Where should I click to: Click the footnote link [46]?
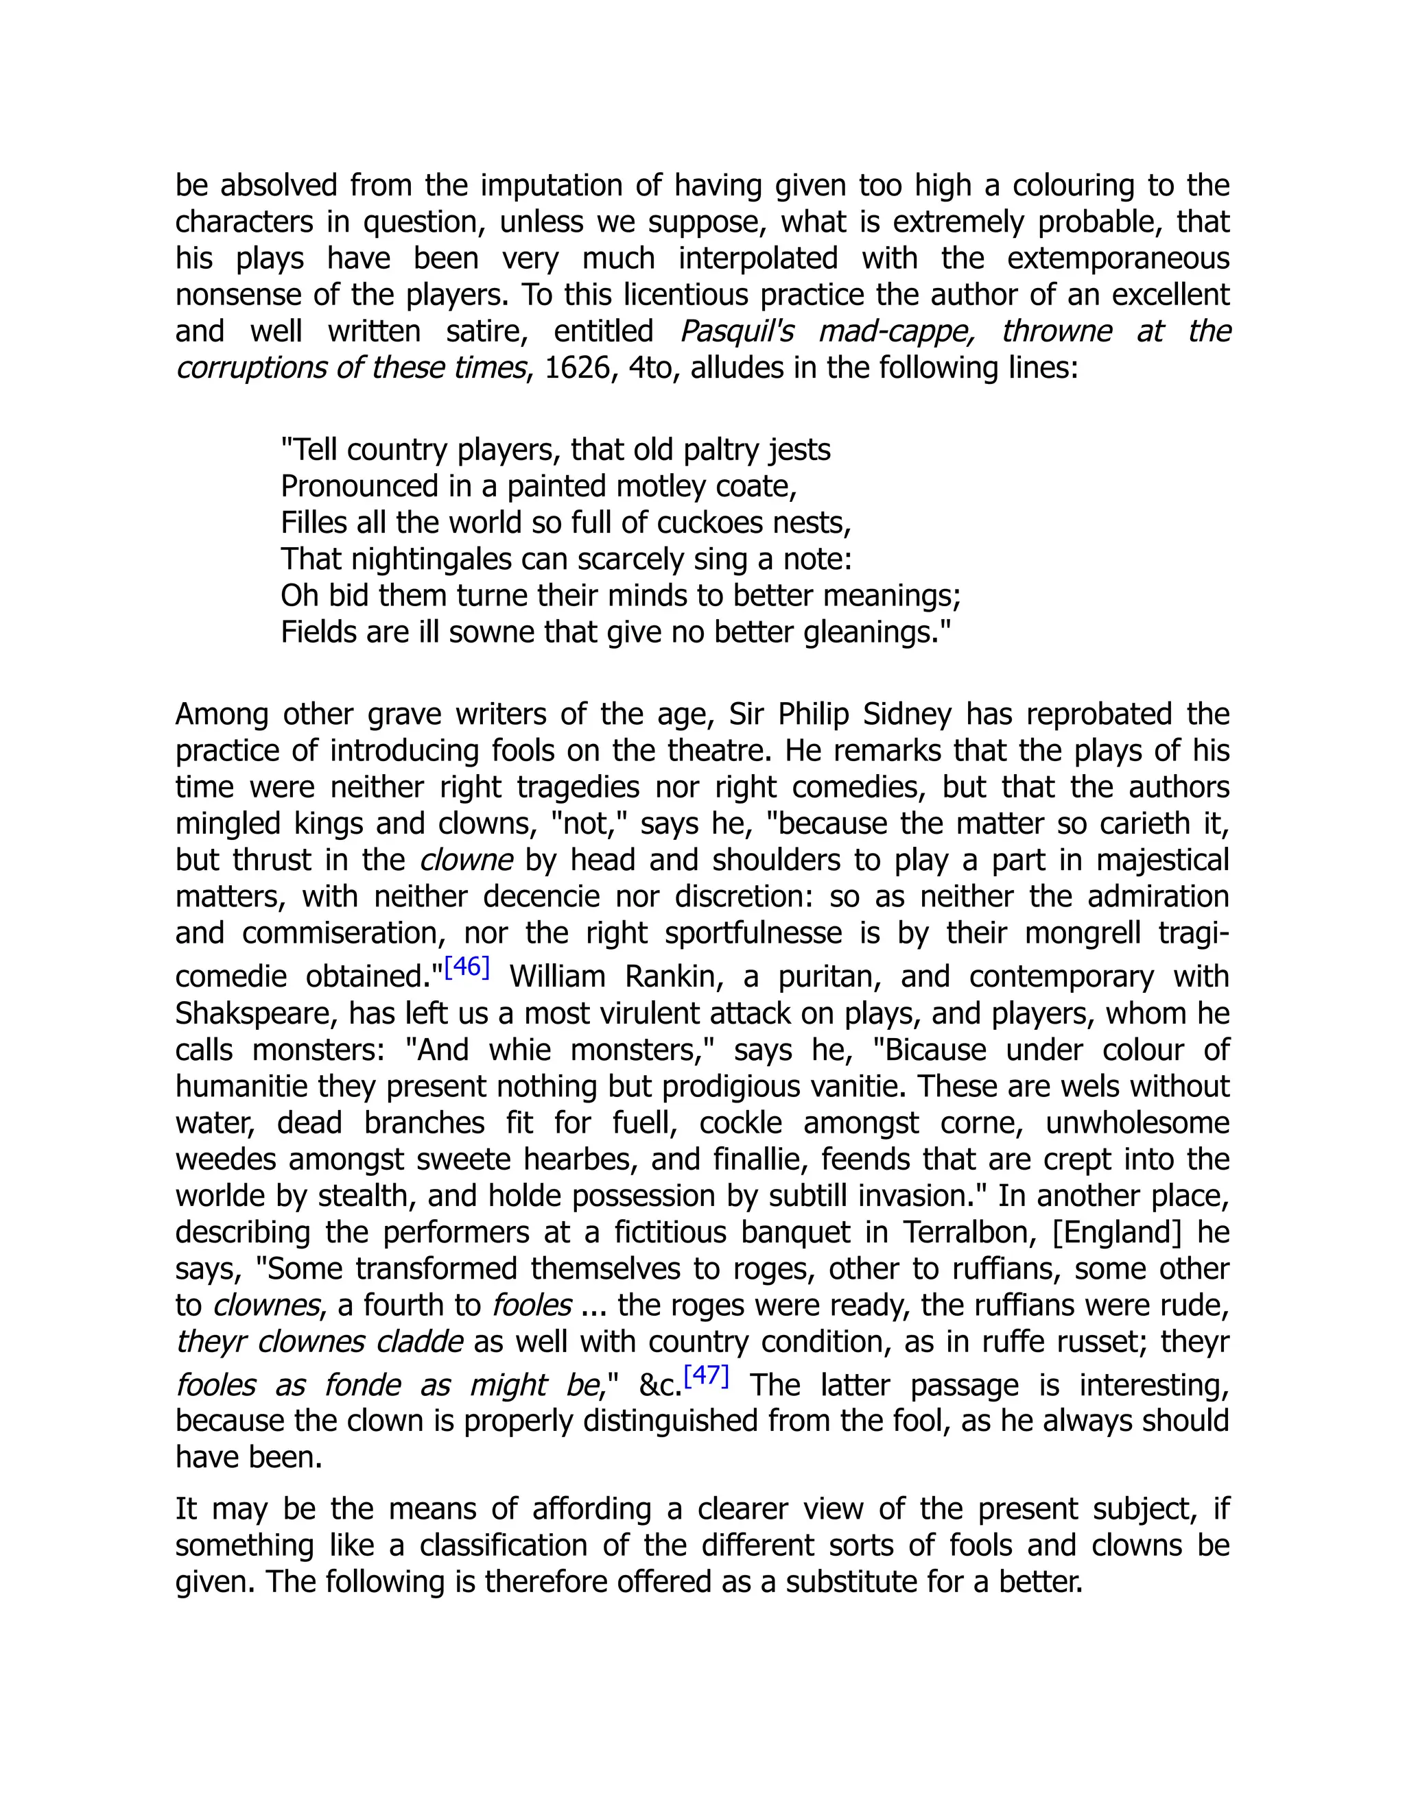point(467,967)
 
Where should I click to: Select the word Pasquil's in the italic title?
point(737,331)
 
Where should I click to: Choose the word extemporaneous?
point(1118,258)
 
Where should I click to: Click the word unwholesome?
point(1137,1122)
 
